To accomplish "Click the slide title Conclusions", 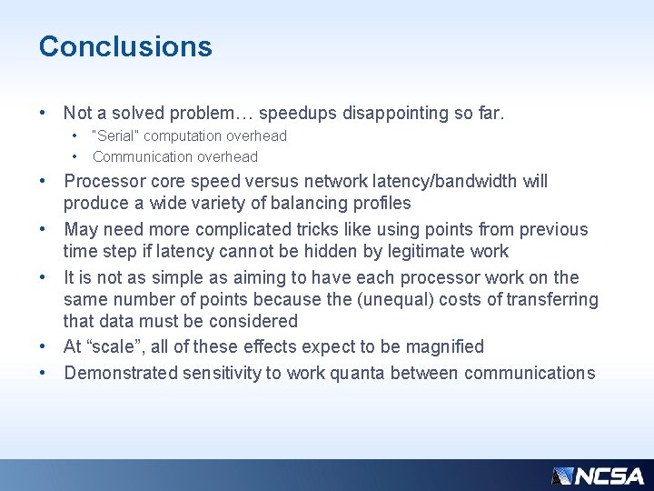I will click(125, 46).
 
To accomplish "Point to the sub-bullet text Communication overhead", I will click(175, 157).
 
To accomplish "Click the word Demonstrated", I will click(122, 374).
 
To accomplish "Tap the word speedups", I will click(295, 114).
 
